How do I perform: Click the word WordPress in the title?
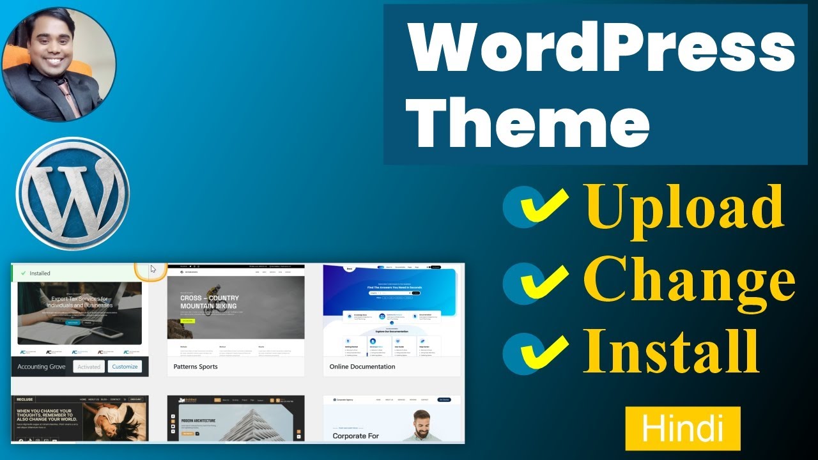click(x=601, y=50)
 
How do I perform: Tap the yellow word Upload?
click(x=683, y=206)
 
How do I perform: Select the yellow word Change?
click(x=689, y=279)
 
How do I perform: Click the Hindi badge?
click(x=683, y=429)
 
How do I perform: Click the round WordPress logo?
click(x=73, y=193)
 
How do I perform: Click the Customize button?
click(x=125, y=367)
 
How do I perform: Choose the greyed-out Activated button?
click(x=89, y=367)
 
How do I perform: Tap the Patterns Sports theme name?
click(x=196, y=367)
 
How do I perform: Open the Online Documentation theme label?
click(x=362, y=367)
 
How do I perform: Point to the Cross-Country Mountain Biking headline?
click(x=209, y=302)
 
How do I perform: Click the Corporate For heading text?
click(x=355, y=436)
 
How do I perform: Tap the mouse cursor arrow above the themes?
click(x=153, y=269)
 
